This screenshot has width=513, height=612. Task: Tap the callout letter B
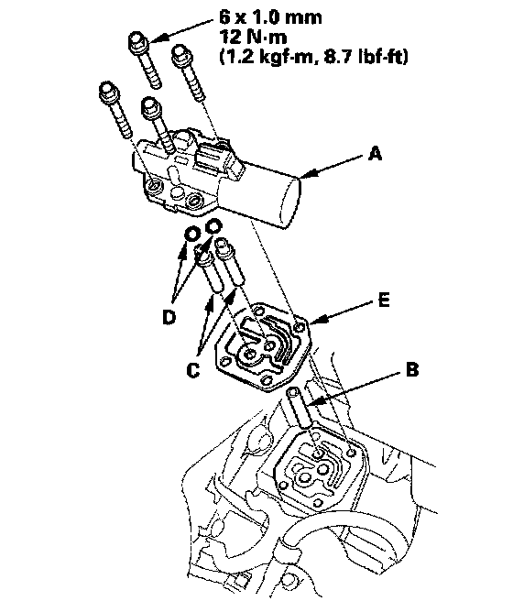point(412,369)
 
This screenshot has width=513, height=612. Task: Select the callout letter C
point(193,370)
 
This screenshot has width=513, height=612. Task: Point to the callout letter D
point(169,317)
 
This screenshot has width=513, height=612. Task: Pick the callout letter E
point(384,301)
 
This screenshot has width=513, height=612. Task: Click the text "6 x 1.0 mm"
point(270,17)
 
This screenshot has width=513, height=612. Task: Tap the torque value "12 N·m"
point(253,37)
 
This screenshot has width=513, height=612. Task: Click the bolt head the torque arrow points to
point(137,42)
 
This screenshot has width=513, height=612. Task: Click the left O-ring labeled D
point(192,235)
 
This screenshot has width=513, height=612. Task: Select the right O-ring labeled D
point(213,226)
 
